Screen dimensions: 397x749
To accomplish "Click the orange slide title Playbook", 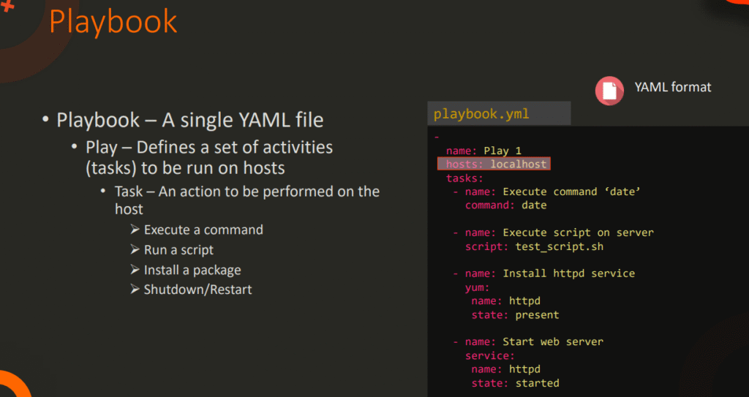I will [113, 21].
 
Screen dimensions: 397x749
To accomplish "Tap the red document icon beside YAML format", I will [608, 89].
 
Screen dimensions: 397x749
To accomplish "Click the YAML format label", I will [672, 87].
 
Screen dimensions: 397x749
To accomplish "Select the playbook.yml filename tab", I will [481, 114].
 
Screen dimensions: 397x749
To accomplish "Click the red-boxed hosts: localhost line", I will [494, 165].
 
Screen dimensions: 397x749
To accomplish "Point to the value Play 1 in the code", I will [503, 151].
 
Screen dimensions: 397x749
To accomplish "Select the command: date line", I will [505, 205].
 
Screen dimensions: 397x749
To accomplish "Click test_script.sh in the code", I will [559, 246].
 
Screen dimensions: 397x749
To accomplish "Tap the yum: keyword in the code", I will [477, 287].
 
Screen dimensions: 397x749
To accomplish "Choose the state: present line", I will [515, 315].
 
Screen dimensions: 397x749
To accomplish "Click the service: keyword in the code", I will [490, 355].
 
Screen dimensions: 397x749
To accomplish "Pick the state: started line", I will [515, 383].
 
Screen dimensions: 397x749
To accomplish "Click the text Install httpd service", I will [568, 273].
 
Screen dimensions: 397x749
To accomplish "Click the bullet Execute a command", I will [203, 230].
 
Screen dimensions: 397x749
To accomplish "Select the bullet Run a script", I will [178, 250].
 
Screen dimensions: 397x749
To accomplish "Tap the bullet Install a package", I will [192, 270].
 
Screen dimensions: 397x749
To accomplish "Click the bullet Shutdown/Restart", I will [197, 290].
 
